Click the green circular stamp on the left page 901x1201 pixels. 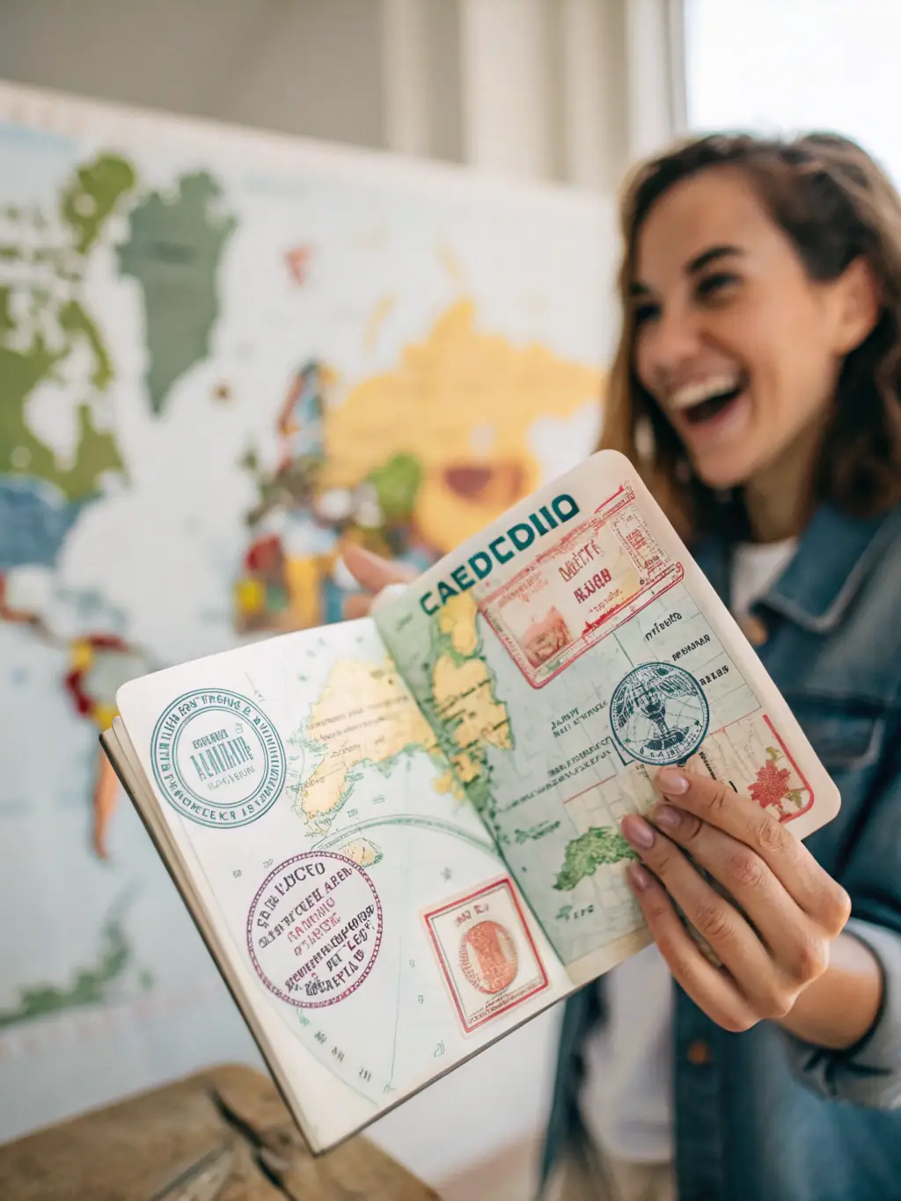tap(217, 758)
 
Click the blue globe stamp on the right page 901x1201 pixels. tap(658, 712)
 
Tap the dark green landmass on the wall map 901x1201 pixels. tap(176, 273)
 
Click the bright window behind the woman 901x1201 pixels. tap(792, 70)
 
